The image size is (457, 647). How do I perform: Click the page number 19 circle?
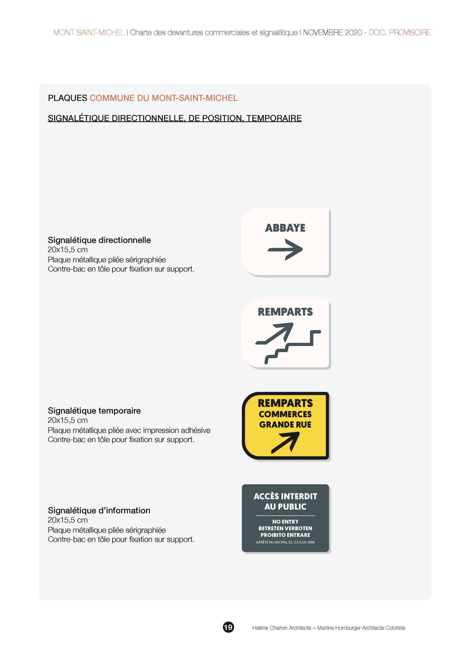point(228,627)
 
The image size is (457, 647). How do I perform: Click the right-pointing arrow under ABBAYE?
point(285,250)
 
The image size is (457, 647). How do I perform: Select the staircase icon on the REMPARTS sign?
point(293,347)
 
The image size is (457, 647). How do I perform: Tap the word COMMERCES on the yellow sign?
point(285,414)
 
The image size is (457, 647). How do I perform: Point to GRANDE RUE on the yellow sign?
point(285,425)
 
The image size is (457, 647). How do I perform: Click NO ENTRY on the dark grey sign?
point(285,522)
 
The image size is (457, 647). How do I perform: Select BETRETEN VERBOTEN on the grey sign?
point(285,528)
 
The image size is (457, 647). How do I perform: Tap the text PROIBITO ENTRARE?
point(285,535)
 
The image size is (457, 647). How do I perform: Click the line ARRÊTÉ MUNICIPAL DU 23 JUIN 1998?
point(285,542)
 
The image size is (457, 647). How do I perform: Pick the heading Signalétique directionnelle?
point(99,240)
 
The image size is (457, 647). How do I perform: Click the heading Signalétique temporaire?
point(94,411)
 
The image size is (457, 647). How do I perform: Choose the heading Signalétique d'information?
point(99,510)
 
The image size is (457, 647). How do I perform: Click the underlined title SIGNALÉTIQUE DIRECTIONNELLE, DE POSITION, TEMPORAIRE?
point(174,118)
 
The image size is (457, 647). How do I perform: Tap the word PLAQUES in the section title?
point(68,98)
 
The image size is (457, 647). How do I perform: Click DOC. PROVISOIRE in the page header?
point(400,33)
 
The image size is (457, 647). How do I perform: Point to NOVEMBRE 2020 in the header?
point(332,33)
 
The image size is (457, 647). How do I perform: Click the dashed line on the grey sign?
point(285,515)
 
